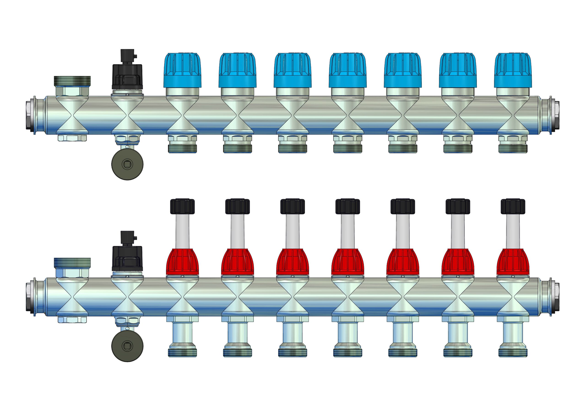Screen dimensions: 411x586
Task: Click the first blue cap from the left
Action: coord(182,70)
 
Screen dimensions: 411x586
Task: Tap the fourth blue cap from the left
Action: coord(348,70)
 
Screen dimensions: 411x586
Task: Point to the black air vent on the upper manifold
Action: coord(127,73)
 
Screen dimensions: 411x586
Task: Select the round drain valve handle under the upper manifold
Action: coord(127,165)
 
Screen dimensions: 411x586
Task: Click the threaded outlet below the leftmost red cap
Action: coord(182,352)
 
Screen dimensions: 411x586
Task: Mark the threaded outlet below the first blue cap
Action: coord(182,148)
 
